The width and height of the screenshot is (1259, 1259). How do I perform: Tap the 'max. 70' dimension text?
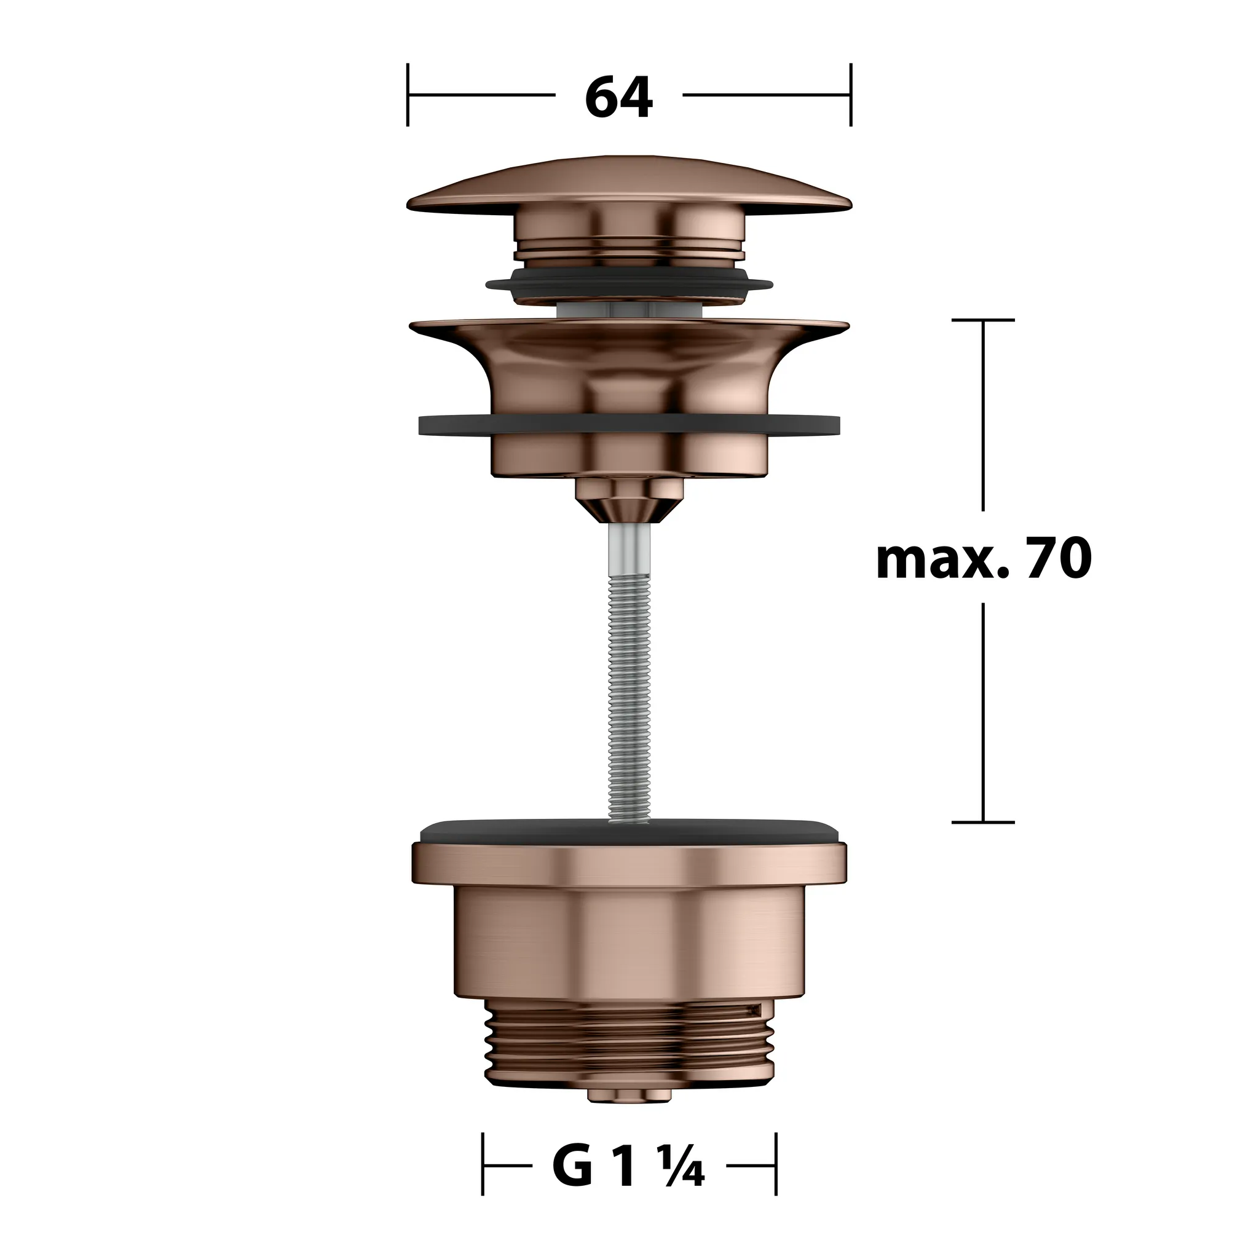984,559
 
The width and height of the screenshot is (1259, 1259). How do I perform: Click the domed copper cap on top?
629,184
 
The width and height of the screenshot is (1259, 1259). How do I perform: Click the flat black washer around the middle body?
629,424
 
